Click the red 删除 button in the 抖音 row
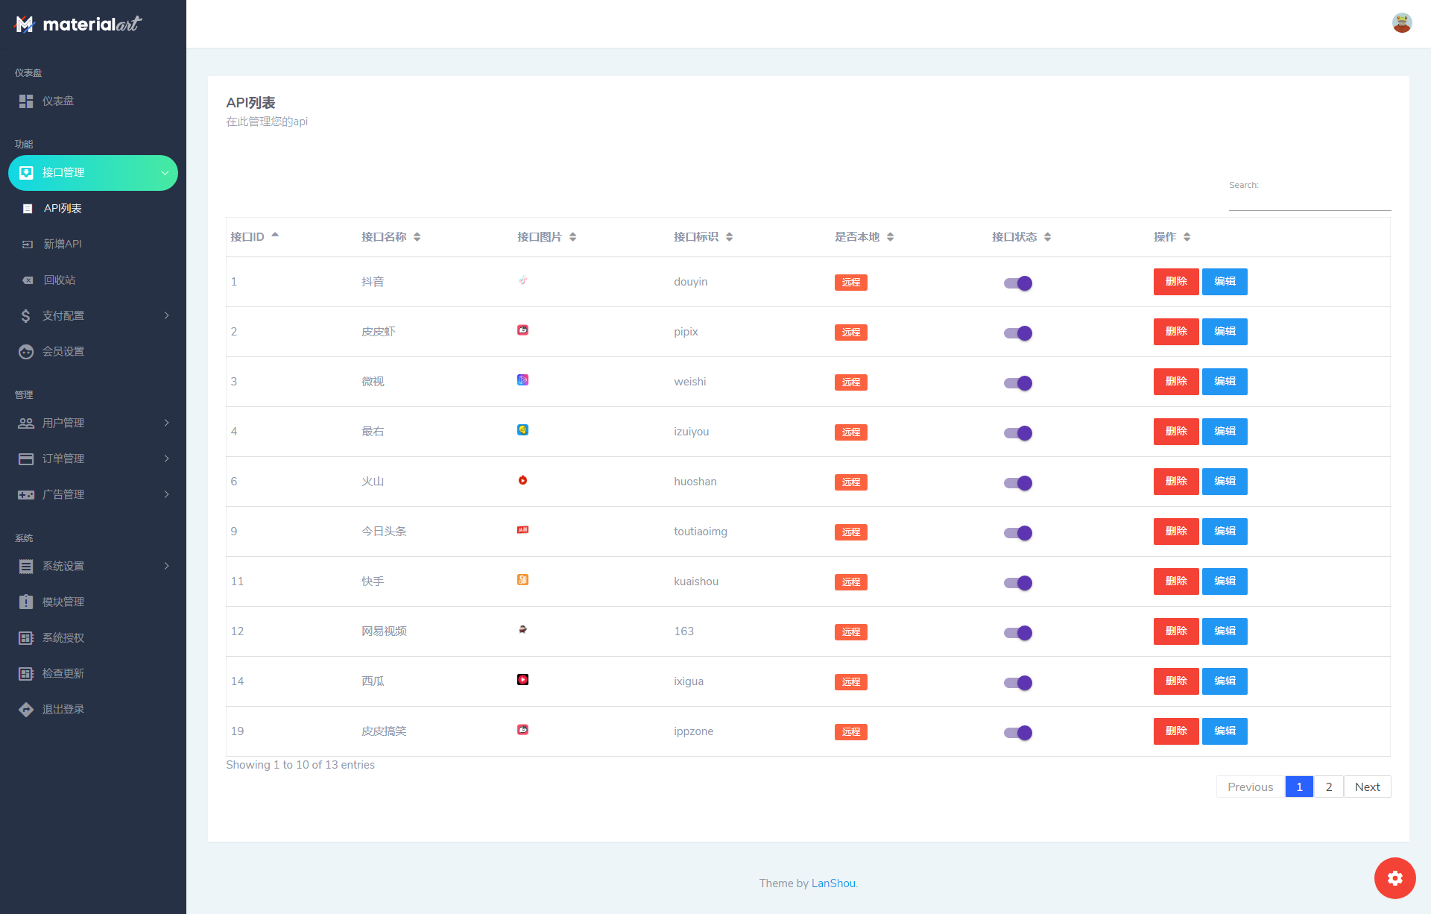point(1175,282)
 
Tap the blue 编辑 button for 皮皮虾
point(1224,332)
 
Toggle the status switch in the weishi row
point(1017,383)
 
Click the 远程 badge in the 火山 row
point(850,482)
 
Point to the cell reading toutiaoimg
point(700,532)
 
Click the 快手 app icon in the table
point(522,580)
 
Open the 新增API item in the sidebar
point(63,245)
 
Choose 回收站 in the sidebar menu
point(59,280)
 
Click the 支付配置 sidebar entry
point(63,316)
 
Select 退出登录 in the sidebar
point(63,710)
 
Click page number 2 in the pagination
point(1328,787)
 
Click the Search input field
point(1310,201)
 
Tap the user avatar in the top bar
point(1401,23)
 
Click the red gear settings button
point(1394,878)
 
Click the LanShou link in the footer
point(833,883)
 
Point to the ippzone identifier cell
point(693,731)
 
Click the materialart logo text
point(91,25)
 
